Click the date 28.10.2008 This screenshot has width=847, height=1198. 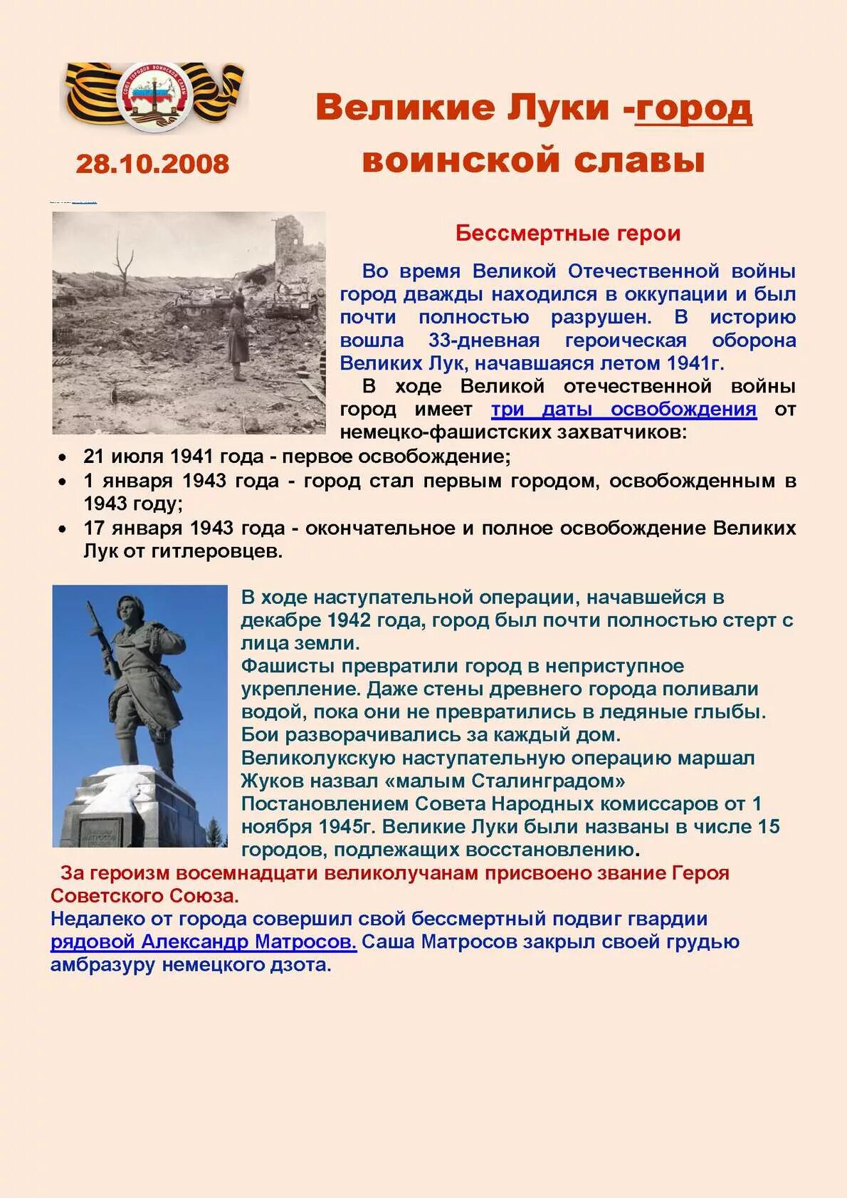(x=152, y=164)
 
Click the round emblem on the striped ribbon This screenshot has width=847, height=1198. (x=154, y=95)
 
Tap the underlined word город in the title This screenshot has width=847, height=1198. (x=693, y=108)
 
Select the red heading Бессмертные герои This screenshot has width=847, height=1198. (x=568, y=233)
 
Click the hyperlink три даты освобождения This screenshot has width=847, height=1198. (x=624, y=410)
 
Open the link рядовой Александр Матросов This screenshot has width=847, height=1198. (x=203, y=942)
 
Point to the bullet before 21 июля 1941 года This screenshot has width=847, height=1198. (x=64, y=457)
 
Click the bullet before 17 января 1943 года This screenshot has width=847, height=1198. (x=64, y=529)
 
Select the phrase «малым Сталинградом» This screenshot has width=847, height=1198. (x=505, y=781)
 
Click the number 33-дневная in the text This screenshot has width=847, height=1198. (x=484, y=340)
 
